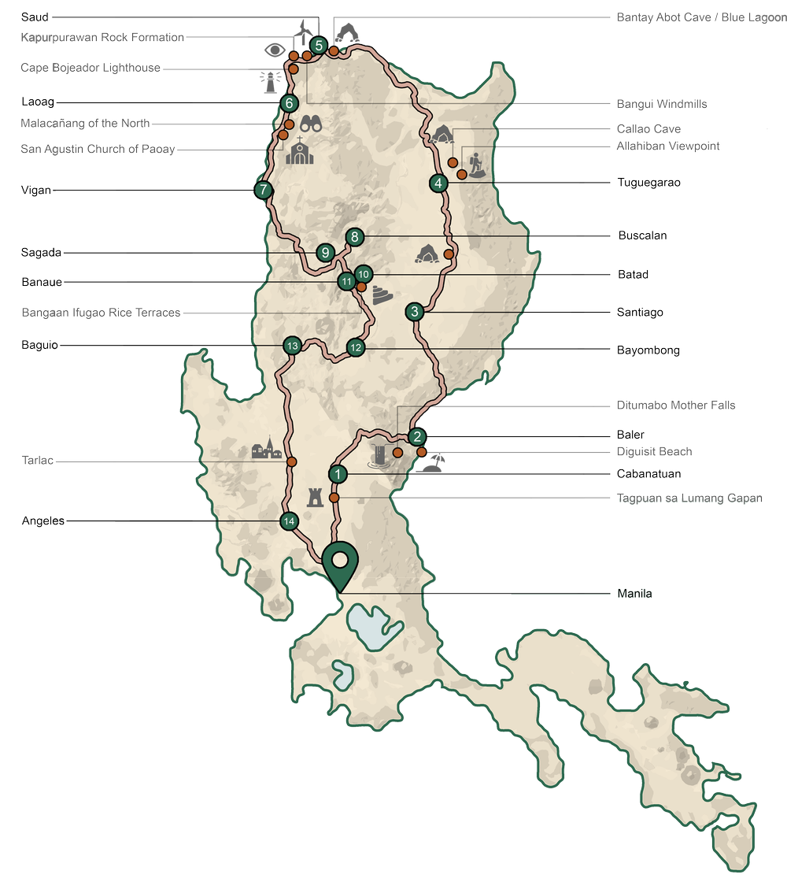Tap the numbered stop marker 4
438,183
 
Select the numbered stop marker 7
263,190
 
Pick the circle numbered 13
291,346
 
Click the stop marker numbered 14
289,521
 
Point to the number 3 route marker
415,312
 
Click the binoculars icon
312,124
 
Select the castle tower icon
315,496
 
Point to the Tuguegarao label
648,183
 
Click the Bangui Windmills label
661,104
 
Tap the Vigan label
36,191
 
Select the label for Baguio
39,345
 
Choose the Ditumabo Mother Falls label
675,406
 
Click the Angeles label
43,521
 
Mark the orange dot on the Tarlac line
291,461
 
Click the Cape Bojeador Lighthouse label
90,69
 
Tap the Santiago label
640,313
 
